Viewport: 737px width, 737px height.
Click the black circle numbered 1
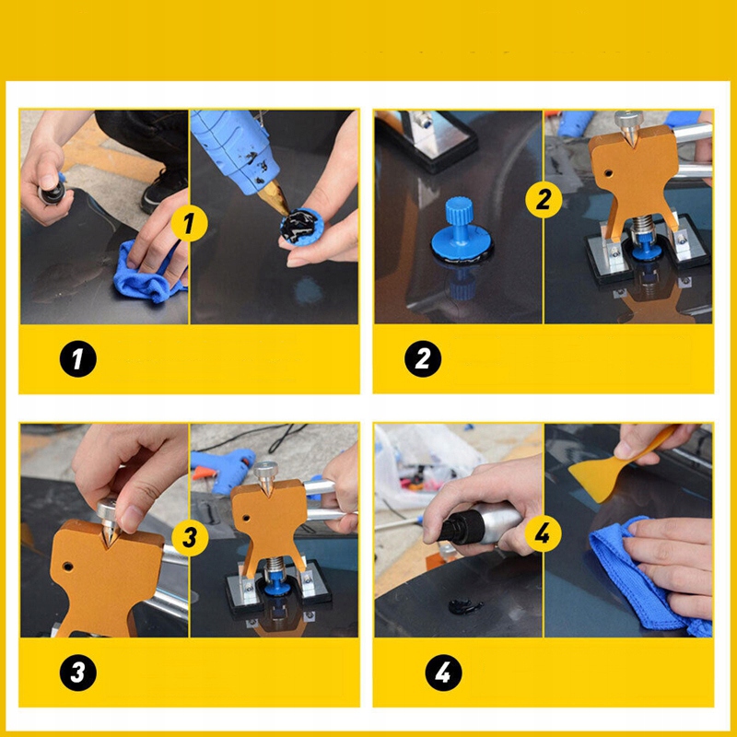coord(78,358)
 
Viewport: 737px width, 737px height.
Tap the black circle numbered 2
coord(423,358)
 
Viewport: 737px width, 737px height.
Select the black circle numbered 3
coord(78,673)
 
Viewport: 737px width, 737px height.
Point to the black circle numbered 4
coord(443,673)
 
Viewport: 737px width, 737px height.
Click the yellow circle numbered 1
coord(189,223)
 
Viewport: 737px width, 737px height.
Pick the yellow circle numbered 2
coord(544,199)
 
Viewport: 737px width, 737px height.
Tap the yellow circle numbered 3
coord(190,537)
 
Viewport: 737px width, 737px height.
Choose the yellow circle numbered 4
coord(543,533)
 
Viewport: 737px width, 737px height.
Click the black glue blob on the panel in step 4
coord(465,606)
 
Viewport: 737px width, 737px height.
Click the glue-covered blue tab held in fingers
coord(301,227)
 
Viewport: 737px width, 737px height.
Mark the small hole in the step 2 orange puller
coord(608,173)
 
